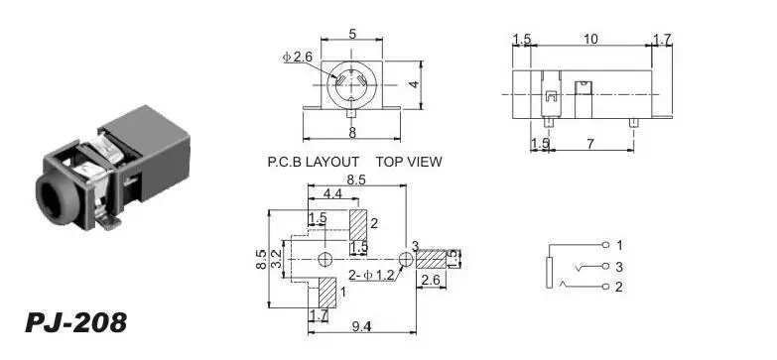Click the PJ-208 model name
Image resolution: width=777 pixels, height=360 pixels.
(x=75, y=323)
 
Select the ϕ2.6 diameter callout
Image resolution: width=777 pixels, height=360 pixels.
(x=298, y=57)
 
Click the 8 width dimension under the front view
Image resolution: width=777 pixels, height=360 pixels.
(x=352, y=133)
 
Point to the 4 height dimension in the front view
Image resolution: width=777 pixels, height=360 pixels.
(x=414, y=84)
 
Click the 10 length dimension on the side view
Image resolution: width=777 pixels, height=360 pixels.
(x=590, y=39)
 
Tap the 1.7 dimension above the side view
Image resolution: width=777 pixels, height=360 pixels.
(x=662, y=39)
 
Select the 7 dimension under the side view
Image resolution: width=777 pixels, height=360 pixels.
(x=590, y=144)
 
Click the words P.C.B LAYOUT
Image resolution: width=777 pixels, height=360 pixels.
(x=314, y=162)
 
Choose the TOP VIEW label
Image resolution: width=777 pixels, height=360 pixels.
(x=409, y=162)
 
